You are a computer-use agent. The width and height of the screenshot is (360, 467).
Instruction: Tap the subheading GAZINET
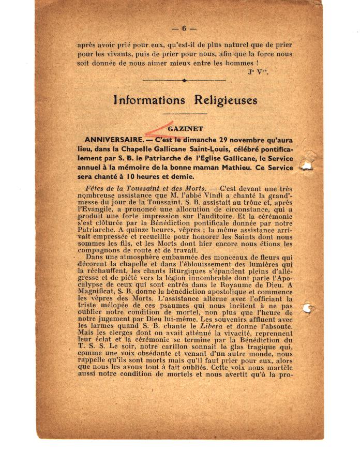point(186,129)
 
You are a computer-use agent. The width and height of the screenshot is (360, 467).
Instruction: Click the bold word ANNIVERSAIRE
point(113,140)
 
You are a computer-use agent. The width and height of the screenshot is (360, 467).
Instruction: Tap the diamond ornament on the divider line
point(184,80)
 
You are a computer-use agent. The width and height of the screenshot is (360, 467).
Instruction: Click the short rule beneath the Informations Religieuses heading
point(184,113)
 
